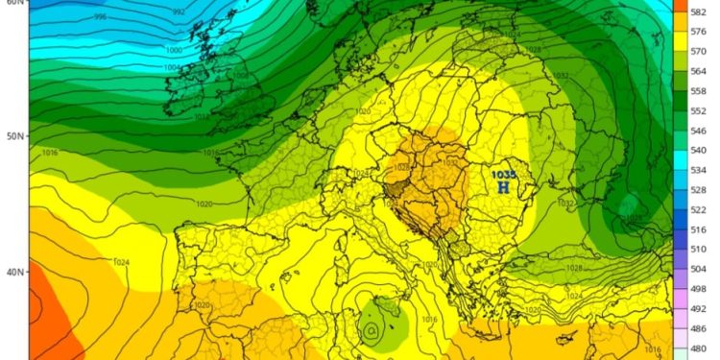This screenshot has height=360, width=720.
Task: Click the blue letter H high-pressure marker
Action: click(x=503, y=187)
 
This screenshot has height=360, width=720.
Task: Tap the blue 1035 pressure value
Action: click(x=503, y=175)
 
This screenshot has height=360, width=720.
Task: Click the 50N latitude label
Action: click(x=13, y=136)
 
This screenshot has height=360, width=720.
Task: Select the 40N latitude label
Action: click(x=13, y=272)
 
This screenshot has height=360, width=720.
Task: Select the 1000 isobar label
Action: click(x=173, y=50)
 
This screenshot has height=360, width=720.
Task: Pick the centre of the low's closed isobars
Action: click(x=370, y=331)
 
